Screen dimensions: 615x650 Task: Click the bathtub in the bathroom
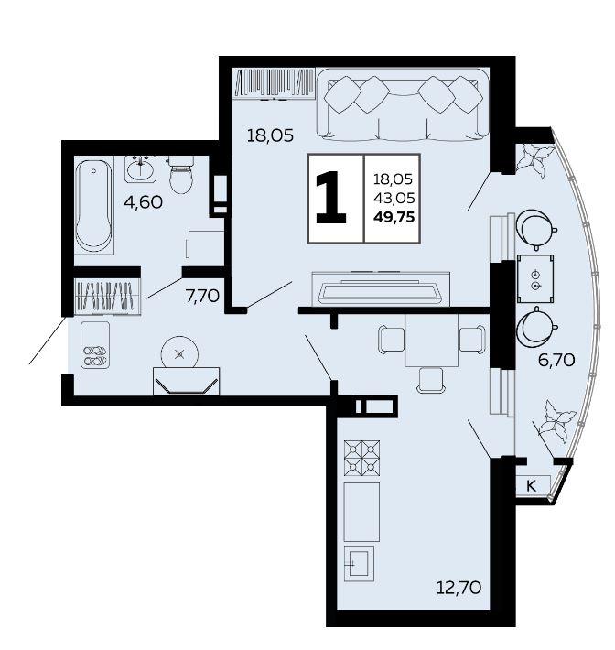point(94,206)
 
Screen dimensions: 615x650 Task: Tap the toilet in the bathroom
point(181,175)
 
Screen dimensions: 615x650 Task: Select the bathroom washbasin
point(141,169)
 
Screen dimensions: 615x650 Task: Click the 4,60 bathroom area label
point(143,202)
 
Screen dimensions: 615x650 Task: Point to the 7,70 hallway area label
point(202,296)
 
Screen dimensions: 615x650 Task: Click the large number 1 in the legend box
point(330,198)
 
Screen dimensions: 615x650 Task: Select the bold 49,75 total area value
point(394,217)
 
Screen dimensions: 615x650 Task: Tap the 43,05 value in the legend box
point(394,198)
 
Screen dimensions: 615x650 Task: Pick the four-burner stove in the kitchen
point(361,457)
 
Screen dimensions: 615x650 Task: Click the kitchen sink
point(359,563)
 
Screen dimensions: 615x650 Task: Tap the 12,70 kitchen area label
point(459,587)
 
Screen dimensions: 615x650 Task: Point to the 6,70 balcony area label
point(556,360)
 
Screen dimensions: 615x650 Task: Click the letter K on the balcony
point(531,485)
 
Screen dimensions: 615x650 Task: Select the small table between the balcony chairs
point(535,278)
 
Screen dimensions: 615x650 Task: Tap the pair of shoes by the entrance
point(95,356)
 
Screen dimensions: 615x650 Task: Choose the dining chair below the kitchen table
point(431,380)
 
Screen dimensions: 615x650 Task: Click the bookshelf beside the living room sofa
point(274,83)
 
